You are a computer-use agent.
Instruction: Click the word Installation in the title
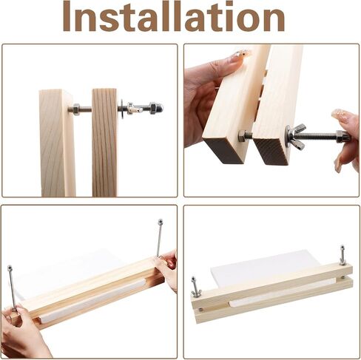coord(174,16)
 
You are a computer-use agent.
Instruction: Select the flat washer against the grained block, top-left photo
coord(122,109)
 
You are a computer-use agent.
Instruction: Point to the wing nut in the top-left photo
coord(131,109)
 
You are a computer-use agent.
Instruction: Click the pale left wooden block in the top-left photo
coord(57,143)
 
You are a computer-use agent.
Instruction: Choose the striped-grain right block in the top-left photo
coord(104,143)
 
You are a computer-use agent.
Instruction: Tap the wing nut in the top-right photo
coord(297,136)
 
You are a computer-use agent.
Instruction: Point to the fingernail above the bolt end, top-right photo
coord(342,114)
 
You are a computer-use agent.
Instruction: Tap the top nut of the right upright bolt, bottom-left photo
coord(161,220)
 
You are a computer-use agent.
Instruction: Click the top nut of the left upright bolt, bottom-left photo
coord(10,268)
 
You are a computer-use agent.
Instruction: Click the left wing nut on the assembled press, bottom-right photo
coord(197,293)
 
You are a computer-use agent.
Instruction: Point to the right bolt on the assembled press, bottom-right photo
coord(342,255)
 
